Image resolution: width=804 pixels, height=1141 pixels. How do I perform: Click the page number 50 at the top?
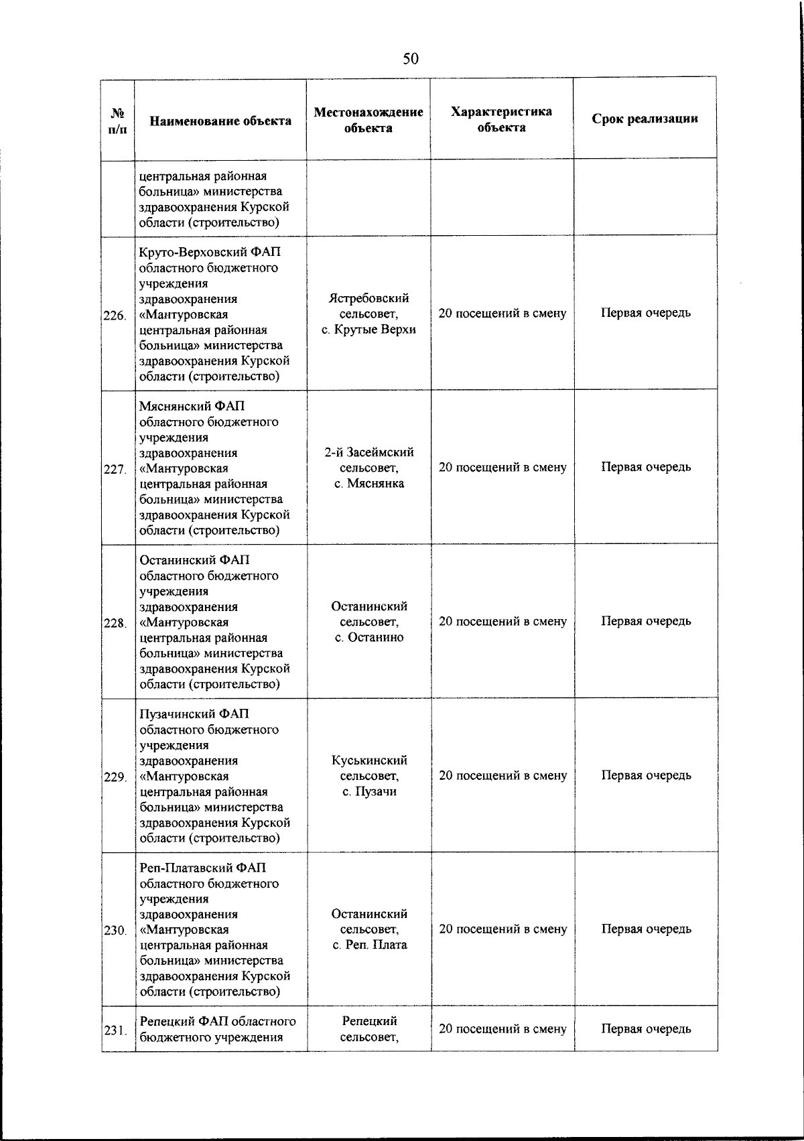pyautogui.click(x=410, y=59)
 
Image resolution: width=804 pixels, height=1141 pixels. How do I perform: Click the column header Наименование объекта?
pyautogui.click(x=220, y=121)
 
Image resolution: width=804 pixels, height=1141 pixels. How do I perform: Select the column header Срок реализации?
pyautogui.click(x=645, y=119)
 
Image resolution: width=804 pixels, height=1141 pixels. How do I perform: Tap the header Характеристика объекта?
pyautogui.click(x=501, y=119)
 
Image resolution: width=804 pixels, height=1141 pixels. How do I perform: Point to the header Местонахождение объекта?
pyautogui.click(x=368, y=120)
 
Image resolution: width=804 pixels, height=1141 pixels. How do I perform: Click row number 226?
pyautogui.click(x=115, y=316)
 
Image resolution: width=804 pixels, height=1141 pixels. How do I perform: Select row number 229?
pyautogui.click(x=115, y=777)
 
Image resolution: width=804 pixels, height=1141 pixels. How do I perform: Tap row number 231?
pyautogui.click(x=115, y=1030)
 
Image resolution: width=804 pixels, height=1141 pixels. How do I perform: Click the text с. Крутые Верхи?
pyautogui.click(x=368, y=329)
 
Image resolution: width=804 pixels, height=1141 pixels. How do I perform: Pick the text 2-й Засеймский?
pyautogui.click(x=369, y=452)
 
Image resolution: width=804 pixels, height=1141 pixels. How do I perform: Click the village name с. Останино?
pyautogui.click(x=369, y=637)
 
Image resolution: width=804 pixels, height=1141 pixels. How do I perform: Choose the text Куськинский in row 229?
pyautogui.click(x=369, y=760)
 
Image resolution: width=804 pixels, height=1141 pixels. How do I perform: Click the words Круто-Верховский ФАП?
pyautogui.click(x=210, y=253)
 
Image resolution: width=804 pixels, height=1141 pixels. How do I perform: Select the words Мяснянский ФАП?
pyautogui.click(x=192, y=407)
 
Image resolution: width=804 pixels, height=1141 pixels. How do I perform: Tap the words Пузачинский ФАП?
pyautogui.click(x=194, y=714)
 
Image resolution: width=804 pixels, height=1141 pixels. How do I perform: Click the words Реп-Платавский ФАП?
pyautogui.click(x=203, y=868)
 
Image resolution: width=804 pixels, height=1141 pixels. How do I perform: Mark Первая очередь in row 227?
pyautogui.click(x=645, y=467)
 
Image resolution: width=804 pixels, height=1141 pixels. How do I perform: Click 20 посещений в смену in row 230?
pyautogui.click(x=503, y=929)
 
